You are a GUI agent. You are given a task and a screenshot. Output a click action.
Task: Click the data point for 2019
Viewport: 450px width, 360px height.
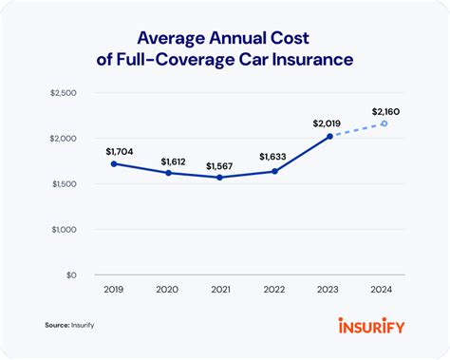[115, 163]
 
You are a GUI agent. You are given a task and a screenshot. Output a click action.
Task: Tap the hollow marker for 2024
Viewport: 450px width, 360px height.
[384, 123]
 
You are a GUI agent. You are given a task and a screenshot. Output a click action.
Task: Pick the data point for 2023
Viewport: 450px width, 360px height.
[329, 136]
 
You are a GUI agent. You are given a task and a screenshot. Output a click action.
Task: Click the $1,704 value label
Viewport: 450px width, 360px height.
[113, 149]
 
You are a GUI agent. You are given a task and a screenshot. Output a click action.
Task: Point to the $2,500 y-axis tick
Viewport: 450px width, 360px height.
[65, 93]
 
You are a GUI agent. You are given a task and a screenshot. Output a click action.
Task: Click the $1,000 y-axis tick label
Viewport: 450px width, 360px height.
[65, 230]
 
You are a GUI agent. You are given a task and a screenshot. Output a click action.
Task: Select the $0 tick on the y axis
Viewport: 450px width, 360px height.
[71, 275]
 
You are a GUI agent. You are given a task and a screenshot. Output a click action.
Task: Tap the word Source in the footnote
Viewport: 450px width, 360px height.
[57, 326]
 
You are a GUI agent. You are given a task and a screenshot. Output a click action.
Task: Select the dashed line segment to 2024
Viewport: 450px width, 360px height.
[357, 129]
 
